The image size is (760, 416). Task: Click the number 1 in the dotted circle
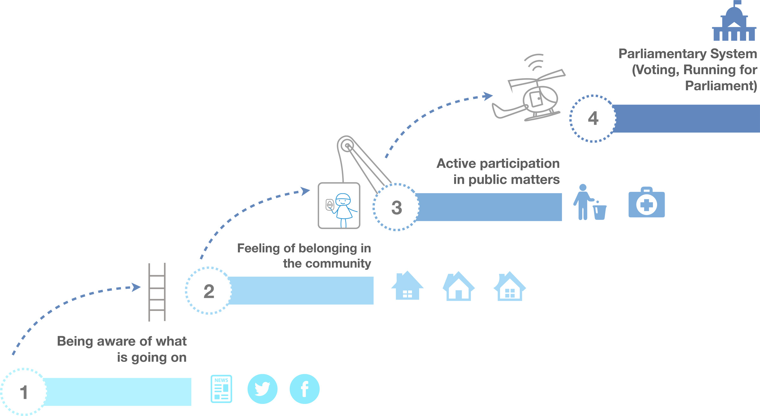coord(23,392)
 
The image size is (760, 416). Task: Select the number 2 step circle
coord(209,291)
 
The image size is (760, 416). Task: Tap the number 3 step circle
coord(396,207)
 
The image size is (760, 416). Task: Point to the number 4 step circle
coord(593,118)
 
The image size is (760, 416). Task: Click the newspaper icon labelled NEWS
coord(221,389)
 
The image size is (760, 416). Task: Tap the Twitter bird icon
coord(262,389)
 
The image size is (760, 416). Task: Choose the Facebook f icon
coord(304,389)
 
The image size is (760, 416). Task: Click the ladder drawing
coord(157,292)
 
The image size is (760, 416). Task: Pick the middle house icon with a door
coord(459,287)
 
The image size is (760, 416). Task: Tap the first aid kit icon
coord(646,203)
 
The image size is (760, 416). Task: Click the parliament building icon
coord(734,22)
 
